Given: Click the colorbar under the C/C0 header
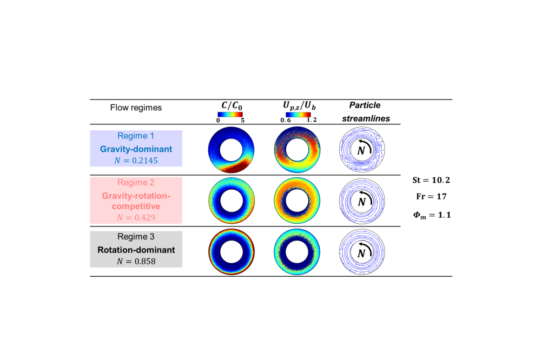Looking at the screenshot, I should click(230, 115).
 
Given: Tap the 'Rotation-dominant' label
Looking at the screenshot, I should click(136, 250).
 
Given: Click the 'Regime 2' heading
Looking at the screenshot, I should click(136, 183).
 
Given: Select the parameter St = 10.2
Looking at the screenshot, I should click(431, 179).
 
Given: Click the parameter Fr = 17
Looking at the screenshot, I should click(431, 197).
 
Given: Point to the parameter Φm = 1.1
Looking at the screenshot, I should click(431, 215).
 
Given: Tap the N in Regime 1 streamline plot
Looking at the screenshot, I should click(361, 151).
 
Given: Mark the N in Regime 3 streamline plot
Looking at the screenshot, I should click(361, 253).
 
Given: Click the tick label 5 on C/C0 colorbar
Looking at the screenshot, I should click(243, 121).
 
